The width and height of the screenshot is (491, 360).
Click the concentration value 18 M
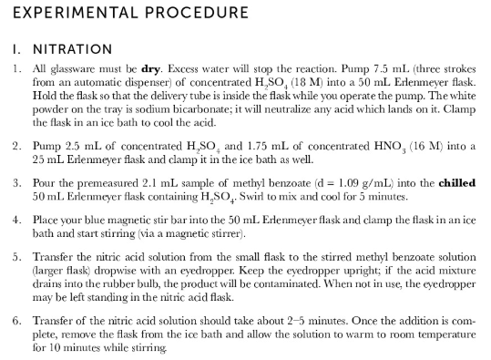[x=303, y=81]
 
